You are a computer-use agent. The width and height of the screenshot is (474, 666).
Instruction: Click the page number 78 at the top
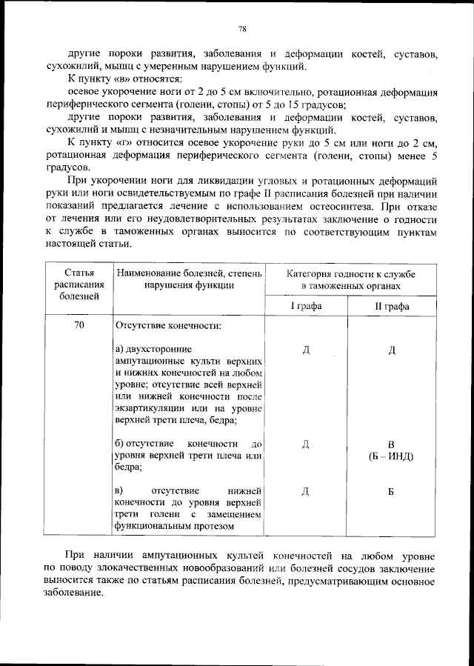[x=242, y=29]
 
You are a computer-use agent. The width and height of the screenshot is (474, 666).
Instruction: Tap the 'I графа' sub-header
[x=305, y=306]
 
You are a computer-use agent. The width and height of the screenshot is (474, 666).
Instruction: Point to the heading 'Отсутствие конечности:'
[x=167, y=325]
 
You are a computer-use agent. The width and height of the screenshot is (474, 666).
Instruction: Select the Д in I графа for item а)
[x=305, y=349]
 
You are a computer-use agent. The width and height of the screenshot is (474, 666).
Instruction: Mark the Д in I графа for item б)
[x=305, y=444]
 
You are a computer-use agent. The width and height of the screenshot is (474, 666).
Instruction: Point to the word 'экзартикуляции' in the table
[x=150, y=408]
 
